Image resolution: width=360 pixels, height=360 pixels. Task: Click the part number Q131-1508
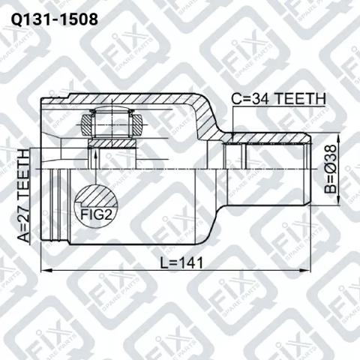(x=55, y=19)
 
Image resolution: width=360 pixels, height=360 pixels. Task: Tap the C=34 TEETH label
(x=278, y=99)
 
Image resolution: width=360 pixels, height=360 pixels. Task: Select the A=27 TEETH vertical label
(x=24, y=196)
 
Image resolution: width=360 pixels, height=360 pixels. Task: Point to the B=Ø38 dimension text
(x=331, y=169)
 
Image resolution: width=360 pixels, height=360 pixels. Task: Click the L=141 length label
(x=181, y=263)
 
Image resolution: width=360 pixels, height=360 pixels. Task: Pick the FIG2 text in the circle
(x=96, y=214)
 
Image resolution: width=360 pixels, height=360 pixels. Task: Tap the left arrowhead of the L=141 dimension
(x=46, y=270)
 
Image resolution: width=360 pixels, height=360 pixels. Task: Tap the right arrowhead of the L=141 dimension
(x=305, y=270)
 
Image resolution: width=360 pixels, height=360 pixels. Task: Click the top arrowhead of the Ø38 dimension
(x=337, y=138)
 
